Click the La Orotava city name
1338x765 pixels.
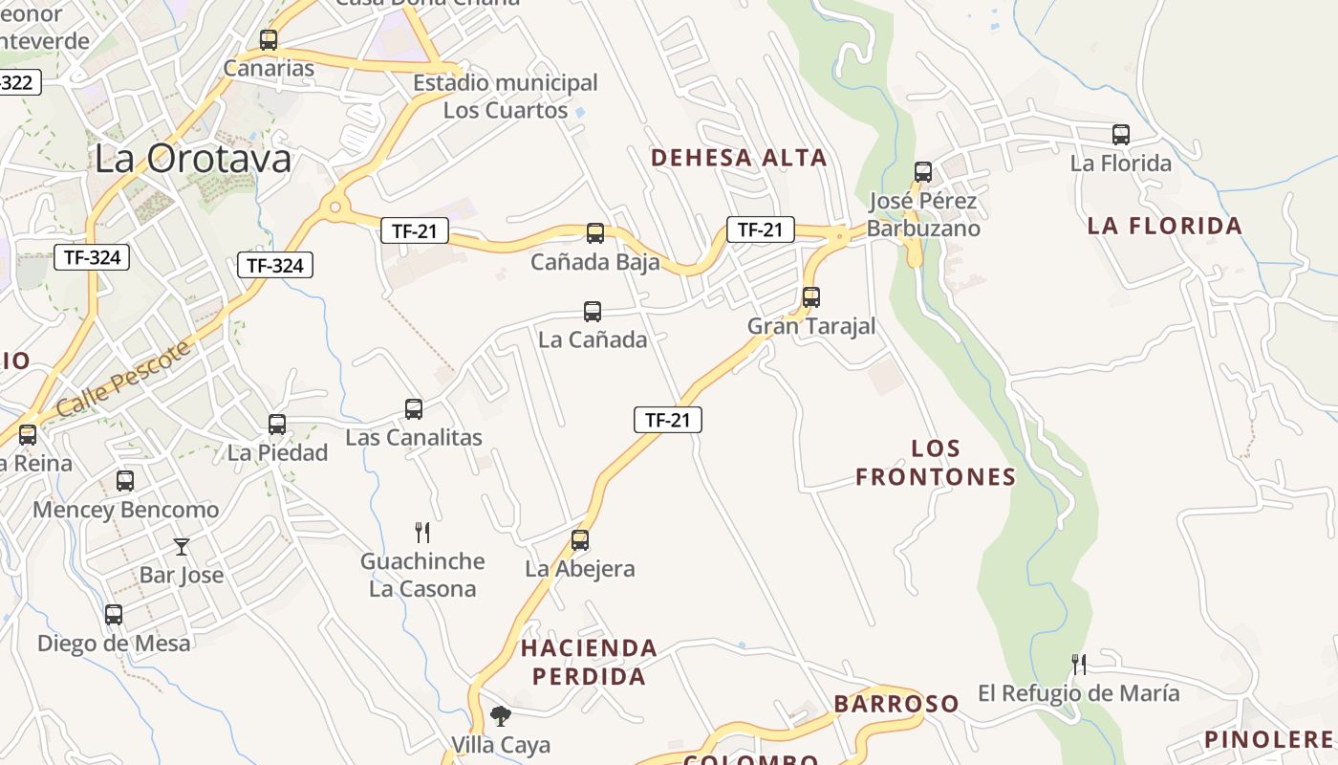coord(192,159)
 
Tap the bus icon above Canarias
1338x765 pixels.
coord(269,40)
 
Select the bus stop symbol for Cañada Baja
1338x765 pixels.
coord(595,233)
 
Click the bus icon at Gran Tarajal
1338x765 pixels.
coord(811,297)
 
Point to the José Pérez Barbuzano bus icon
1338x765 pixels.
coord(923,172)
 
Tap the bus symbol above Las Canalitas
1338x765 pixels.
coord(414,409)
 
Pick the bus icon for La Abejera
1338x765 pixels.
coord(580,540)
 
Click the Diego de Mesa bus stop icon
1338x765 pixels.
coord(114,615)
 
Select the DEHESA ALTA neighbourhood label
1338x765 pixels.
coord(739,158)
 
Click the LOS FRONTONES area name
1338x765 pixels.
coord(936,463)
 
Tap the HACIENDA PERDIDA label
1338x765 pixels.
coord(589,662)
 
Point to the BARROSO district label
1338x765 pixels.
coord(896,704)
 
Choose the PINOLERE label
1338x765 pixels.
coord(1268,739)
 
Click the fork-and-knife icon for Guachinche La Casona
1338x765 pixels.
coord(422,533)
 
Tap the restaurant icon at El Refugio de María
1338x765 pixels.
coord(1079,665)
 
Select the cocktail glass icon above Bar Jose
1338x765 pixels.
coord(182,547)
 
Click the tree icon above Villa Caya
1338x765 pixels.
coord(500,716)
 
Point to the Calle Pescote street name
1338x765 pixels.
coord(123,379)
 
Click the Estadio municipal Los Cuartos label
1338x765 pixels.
coord(505,97)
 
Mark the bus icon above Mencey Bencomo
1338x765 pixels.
coord(125,481)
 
